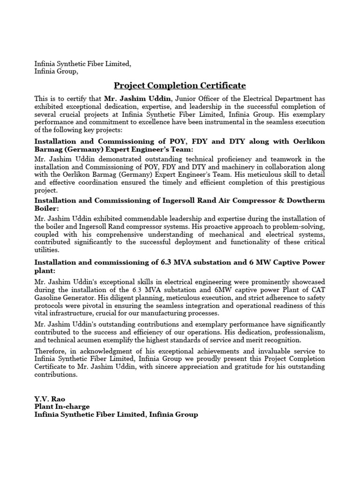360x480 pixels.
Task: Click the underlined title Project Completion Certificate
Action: point(180,86)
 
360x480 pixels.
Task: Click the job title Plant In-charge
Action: point(62,406)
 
